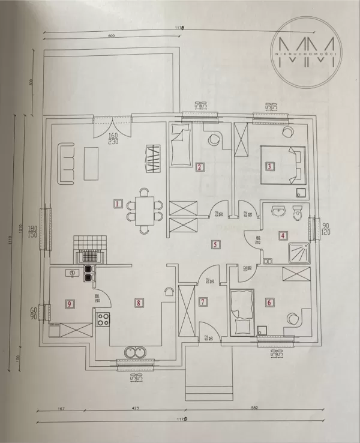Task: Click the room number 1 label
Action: (x=118, y=203)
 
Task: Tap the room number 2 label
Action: (x=199, y=167)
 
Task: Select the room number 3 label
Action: (x=270, y=167)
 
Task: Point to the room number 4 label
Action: (x=283, y=236)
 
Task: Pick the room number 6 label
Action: (x=269, y=302)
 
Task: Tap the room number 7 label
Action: (x=203, y=301)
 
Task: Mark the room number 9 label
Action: (x=70, y=304)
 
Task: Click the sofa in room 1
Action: (x=65, y=163)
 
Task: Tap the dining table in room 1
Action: (x=144, y=211)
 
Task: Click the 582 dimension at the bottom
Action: (x=254, y=408)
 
